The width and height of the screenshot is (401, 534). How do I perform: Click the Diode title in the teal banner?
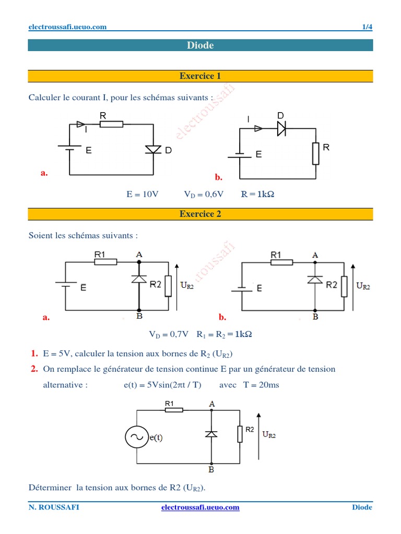click(200, 45)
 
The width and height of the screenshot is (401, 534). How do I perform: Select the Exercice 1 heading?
click(200, 76)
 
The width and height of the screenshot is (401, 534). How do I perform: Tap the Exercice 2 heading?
click(200, 214)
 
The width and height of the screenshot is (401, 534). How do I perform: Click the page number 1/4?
click(367, 27)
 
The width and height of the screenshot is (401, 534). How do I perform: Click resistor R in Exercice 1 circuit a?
click(111, 124)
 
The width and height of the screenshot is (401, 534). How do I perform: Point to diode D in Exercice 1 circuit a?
click(153, 150)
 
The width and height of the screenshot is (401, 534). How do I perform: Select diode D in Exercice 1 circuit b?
click(281, 128)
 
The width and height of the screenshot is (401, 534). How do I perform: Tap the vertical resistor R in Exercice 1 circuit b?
click(315, 153)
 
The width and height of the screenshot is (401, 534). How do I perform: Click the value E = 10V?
click(142, 194)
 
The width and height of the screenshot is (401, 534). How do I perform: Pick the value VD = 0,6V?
click(204, 194)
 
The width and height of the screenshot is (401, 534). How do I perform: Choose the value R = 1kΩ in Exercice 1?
click(257, 194)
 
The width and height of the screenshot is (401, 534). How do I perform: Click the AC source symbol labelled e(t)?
click(137, 437)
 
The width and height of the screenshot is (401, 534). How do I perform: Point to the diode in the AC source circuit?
click(211, 433)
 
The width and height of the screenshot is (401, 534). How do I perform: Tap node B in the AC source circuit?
click(211, 464)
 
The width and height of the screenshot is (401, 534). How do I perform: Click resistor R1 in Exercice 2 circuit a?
click(105, 262)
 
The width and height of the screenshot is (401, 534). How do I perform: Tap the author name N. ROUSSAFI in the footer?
click(54, 507)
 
